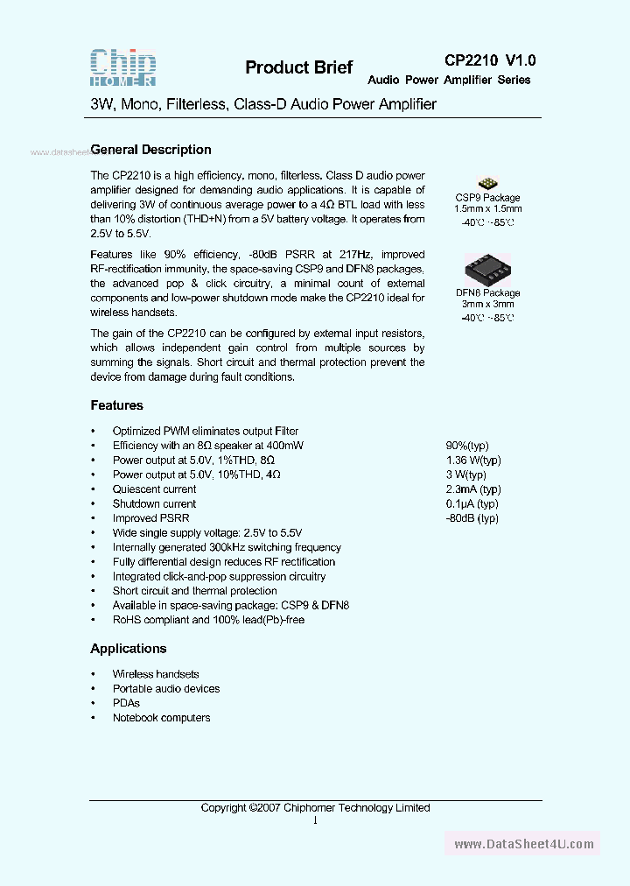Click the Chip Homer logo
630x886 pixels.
123,67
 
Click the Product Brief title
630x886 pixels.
298,67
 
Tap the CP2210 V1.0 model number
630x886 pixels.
490,60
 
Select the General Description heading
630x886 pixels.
150,150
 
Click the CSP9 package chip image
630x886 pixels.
487,181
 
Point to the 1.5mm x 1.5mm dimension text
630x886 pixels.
487,210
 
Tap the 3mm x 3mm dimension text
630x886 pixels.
487,305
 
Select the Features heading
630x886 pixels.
116,405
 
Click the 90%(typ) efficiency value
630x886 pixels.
467,446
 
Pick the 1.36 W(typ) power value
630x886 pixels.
473,460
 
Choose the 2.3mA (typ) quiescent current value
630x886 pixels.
473,489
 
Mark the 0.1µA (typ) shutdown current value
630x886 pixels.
472,503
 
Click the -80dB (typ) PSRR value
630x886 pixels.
472,518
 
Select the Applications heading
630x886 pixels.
128,649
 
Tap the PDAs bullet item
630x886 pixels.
126,703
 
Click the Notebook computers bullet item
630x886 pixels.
161,718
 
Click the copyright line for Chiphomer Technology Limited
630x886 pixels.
315,808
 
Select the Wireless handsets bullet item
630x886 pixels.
156,674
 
